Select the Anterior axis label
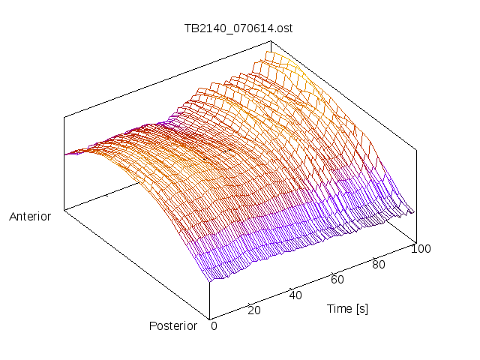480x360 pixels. click(x=30, y=217)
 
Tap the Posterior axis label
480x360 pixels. click(x=172, y=325)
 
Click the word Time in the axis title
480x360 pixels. click(x=340, y=308)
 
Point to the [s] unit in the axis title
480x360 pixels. click(x=362, y=308)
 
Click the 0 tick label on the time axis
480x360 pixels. click(x=214, y=325)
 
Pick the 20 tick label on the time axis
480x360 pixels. click(x=253, y=310)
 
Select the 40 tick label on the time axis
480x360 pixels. click(x=295, y=295)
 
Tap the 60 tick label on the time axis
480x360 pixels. click(x=337, y=280)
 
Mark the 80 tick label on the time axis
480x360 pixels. click(x=379, y=264)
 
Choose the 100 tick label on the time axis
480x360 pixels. click(x=421, y=249)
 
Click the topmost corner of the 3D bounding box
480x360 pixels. click(x=270, y=41)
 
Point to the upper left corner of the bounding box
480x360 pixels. click(x=64, y=117)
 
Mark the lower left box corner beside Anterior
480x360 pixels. click(x=64, y=211)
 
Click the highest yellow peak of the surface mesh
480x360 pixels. click(x=271, y=51)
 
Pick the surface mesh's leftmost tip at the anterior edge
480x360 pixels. click(x=65, y=154)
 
